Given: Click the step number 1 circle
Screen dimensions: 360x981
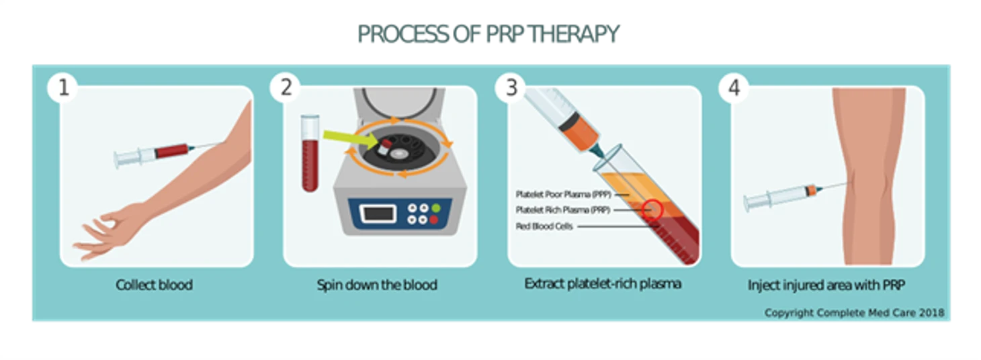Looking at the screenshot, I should click(63, 88).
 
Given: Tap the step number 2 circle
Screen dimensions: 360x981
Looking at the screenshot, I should click(286, 88).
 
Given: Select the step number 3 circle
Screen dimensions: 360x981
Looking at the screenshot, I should click(511, 88).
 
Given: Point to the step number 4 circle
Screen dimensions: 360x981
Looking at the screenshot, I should click(734, 88).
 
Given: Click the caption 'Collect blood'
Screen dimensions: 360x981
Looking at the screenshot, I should click(154, 285).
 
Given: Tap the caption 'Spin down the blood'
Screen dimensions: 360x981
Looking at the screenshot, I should click(377, 285).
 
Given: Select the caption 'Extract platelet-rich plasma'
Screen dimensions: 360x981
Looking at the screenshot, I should click(603, 283).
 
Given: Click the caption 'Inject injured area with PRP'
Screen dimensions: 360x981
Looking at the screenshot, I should click(826, 285).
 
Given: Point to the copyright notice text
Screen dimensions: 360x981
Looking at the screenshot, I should click(854, 313).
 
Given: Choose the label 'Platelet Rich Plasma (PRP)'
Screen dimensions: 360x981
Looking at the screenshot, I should click(562, 210).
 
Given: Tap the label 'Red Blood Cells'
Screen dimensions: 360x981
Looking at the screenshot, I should click(544, 226).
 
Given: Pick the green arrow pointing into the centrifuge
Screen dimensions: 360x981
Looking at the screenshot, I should click(347, 137).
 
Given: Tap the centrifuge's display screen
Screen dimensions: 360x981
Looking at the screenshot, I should click(379, 214).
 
